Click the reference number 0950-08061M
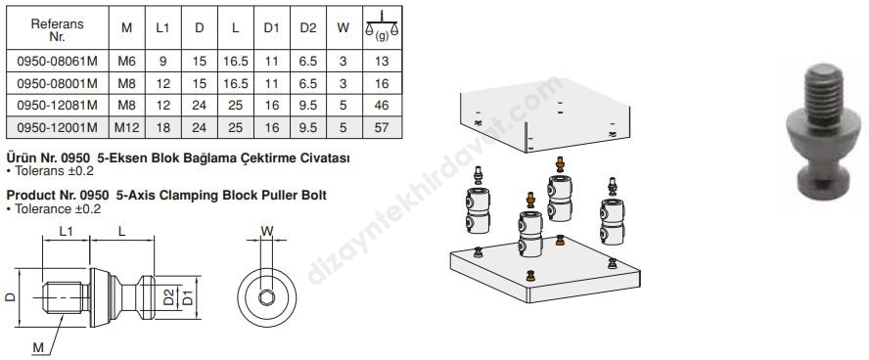(57, 61)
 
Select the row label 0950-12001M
(57, 128)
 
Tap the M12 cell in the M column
(127, 128)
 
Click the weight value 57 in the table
(382, 128)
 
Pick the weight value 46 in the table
(382, 106)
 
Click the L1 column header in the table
(162, 27)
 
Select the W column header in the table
(343, 27)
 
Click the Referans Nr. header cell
(57, 30)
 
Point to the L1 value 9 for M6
(162, 61)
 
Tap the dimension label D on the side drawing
(11, 297)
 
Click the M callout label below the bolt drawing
(38, 348)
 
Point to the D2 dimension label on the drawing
(169, 296)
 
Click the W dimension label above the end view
(267, 232)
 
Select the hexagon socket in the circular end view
(266, 298)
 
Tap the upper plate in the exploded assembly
(546, 116)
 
